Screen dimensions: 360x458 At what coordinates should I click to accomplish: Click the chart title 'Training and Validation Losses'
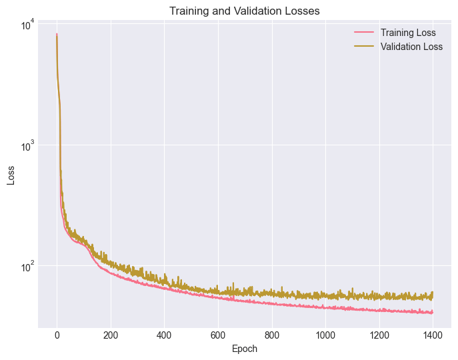(244, 11)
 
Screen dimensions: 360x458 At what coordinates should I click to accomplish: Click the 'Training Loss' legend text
(408, 33)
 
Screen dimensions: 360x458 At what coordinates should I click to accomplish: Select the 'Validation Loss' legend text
(411, 47)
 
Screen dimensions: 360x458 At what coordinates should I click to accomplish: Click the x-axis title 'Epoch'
(244, 349)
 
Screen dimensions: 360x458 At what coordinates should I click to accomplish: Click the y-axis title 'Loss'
(11, 175)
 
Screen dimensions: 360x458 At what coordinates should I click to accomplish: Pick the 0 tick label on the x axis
(57, 335)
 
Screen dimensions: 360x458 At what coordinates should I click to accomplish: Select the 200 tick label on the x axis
(111, 335)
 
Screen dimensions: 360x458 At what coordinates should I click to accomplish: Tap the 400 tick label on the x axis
(164, 335)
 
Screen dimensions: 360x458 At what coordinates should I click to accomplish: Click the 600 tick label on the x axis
(218, 335)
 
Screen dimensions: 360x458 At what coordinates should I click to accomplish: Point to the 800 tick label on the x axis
(272, 335)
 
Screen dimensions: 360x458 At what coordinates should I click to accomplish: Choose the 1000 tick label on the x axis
(325, 335)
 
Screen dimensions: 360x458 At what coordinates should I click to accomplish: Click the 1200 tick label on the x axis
(379, 335)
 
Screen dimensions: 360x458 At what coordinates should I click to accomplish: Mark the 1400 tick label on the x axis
(433, 335)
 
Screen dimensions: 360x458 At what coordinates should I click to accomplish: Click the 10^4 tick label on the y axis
(27, 25)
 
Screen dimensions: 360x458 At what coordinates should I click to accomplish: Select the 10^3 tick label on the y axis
(27, 145)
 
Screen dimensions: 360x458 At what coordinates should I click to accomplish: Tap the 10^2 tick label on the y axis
(27, 266)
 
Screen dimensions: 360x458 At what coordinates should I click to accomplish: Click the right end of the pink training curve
(433, 312)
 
